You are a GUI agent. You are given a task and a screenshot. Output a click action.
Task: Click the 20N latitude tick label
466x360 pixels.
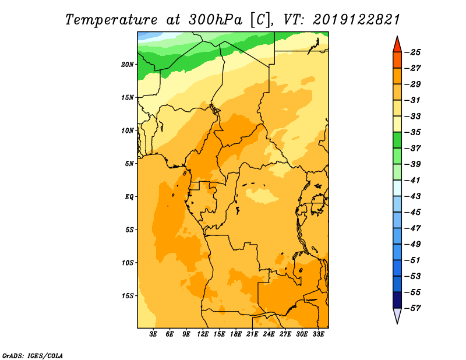coord(128,65)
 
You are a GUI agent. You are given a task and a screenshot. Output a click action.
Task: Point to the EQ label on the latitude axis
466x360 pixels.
coord(129,197)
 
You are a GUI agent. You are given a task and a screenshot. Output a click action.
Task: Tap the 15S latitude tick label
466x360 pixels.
coord(128,296)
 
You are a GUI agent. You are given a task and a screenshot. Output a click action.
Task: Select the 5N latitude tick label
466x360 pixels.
coord(129,164)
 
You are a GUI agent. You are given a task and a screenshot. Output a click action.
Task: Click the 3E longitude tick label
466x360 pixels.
coord(153,334)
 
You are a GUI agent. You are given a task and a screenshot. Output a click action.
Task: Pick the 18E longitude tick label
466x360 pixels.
coord(236,334)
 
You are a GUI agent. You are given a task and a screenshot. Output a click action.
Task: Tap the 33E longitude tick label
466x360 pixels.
coord(318,334)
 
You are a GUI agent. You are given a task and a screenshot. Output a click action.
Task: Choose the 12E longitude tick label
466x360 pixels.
coord(203,334)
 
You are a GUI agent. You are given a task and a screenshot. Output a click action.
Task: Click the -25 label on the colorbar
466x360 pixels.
coord(413,52)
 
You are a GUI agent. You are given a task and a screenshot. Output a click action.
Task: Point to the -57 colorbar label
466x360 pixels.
coord(413,308)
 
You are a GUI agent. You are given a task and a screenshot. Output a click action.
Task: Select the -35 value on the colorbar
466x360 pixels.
coord(413,132)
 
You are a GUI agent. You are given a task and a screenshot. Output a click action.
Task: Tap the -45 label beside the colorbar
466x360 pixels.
coord(413,212)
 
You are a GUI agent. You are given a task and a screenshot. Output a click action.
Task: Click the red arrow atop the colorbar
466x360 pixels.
coord(397,45)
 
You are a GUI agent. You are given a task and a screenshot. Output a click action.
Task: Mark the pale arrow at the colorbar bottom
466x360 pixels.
coord(397,315)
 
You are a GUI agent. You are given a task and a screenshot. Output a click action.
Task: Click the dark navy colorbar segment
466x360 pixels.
coord(397,300)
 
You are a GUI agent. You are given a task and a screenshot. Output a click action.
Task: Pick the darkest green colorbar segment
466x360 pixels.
coord(397,140)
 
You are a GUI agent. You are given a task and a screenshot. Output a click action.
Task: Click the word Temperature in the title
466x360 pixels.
coord(111,20)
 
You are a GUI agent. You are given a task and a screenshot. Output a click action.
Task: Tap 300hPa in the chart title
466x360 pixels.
coord(215,20)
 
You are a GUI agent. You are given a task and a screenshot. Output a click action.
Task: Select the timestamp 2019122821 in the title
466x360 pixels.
coord(356,20)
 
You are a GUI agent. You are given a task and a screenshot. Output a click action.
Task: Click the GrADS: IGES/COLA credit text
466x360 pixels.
coord(33,356)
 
